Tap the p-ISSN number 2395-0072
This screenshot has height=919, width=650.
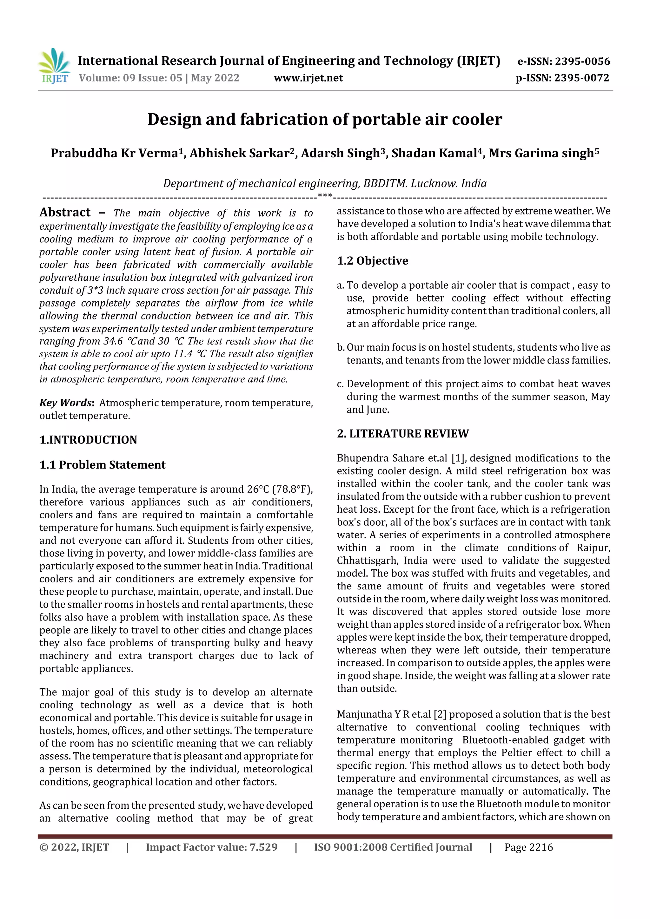pyautogui.click(x=581, y=78)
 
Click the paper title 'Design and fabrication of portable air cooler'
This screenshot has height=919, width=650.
pyautogui.click(x=324, y=119)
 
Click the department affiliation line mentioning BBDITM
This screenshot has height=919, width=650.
pyautogui.click(x=324, y=184)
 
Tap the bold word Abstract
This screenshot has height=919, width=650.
pyautogui.click(x=65, y=213)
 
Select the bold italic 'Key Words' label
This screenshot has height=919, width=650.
pyautogui.click(x=66, y=403)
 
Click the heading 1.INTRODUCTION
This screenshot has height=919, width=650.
pyautogui.click(x=88, y=440)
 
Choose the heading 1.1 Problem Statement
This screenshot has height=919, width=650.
pyautogui.click(x=102, y=465)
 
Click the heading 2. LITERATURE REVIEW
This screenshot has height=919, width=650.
pyautogui.click(x=402, y=434)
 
